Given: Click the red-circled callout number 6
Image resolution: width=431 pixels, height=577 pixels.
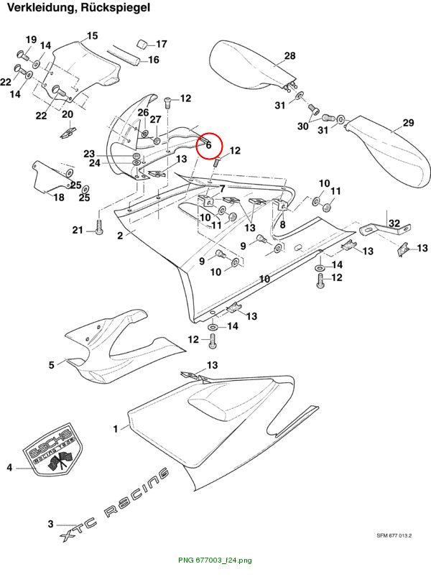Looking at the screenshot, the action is (x=208, y=145).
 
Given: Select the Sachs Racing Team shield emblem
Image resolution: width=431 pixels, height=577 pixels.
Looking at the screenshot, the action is (x=53, y=450).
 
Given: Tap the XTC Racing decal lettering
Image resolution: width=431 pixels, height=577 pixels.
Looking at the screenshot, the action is (x=114, y=505).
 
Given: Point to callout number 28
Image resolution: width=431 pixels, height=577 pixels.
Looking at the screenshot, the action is (x=289, y=55).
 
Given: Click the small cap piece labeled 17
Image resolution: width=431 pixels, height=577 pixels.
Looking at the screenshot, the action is (x=142, y=43).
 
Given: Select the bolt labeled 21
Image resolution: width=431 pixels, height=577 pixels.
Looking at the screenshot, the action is (x=99, y=227).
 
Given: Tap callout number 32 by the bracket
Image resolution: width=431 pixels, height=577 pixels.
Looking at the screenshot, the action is (x=394, y=223).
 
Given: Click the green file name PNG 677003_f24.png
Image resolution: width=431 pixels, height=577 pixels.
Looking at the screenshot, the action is (x=215, y=560).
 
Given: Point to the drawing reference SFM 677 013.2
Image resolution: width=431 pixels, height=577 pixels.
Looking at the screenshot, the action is (x=394, y=535).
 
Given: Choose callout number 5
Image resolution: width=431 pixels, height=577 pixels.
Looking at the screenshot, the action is (x=52, y=365).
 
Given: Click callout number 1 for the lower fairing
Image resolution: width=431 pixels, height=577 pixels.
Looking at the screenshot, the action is (x=116, y=429).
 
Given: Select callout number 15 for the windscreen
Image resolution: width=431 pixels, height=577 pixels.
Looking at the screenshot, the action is (x=92, y=36).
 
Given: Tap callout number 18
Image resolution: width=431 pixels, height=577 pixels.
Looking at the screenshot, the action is (x=59, y=197).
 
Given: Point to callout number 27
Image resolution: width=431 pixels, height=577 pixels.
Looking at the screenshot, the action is (x=155, y=119).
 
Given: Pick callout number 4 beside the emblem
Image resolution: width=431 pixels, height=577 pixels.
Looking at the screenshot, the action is (x=9, y=467).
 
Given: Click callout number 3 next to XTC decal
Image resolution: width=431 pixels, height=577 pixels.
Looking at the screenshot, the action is (x=51, y=524).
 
